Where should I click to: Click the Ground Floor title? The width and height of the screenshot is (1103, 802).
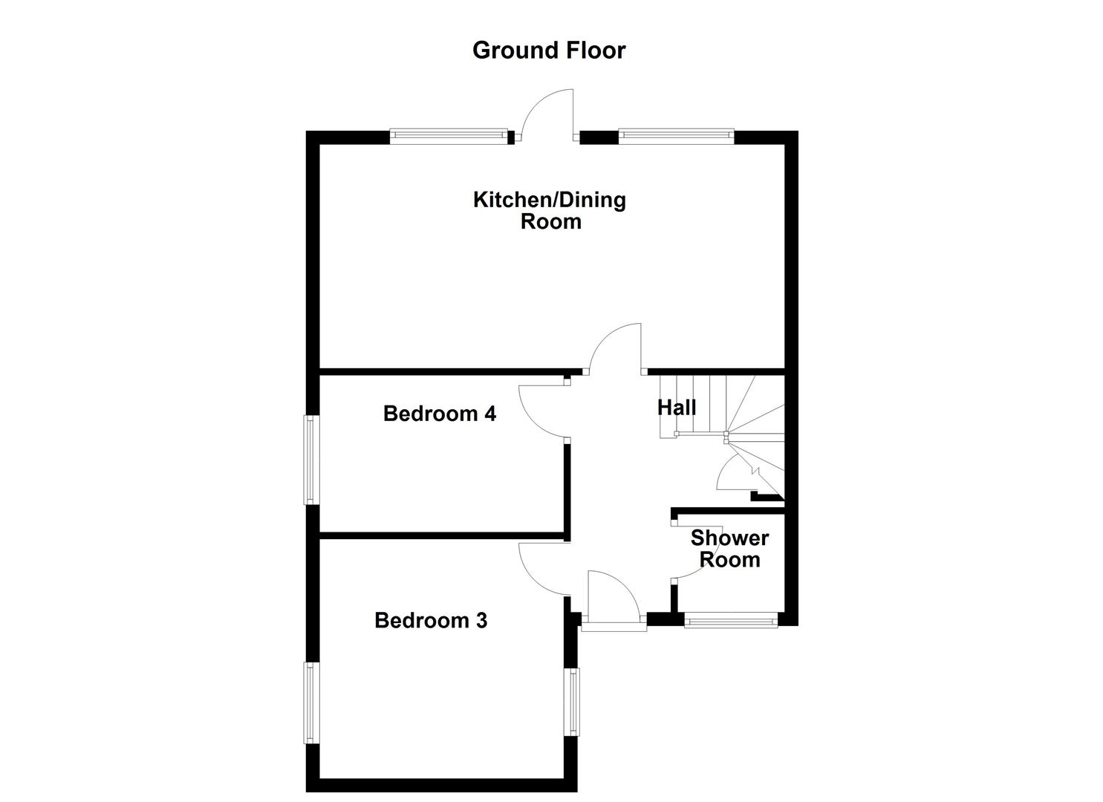coord(549,50)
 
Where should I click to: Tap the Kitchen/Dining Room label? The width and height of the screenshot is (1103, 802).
coord(550,210)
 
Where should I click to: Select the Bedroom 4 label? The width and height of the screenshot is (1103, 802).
coord(440,414)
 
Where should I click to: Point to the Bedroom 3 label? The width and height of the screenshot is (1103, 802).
coord(431,620)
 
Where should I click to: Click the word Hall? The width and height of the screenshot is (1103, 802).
coord(677,408)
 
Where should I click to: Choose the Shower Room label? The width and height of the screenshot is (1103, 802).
coord(729,549)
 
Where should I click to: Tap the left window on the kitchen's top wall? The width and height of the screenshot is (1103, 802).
coord(449,136)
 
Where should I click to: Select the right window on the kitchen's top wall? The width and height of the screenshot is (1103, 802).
coord(675,135)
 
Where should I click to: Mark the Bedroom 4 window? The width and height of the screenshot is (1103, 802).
coord(310,460)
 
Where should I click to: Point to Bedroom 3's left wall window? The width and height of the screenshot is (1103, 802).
coord(310,702)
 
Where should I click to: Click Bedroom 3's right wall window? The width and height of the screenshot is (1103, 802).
coord(573,702)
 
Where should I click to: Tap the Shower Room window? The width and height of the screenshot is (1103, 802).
coord(731,620)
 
